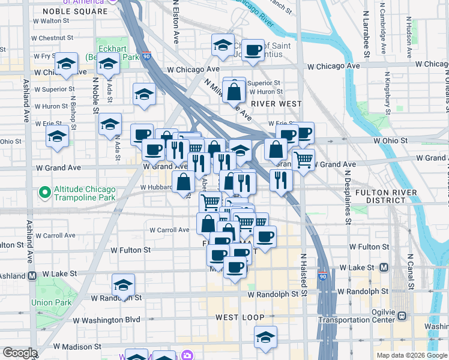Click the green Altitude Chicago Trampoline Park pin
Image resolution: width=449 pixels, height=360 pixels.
43,193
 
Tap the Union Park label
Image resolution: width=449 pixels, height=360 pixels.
50,302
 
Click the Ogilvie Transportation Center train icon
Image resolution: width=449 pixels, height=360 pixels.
402,315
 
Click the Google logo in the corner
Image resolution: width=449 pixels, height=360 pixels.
20,353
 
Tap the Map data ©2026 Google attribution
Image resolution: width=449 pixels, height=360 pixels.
411,355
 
